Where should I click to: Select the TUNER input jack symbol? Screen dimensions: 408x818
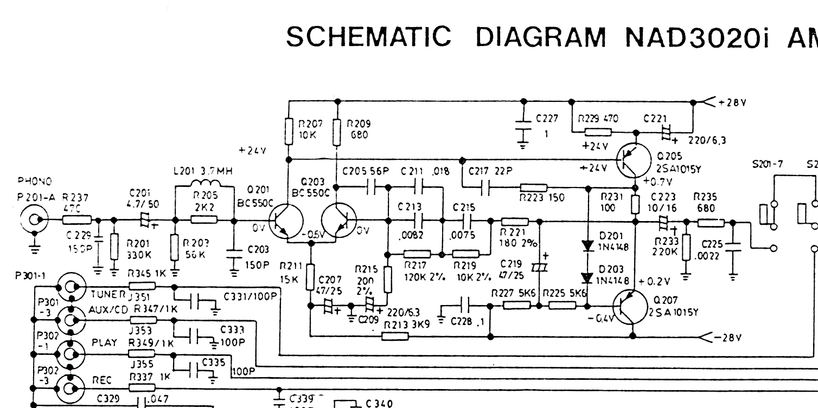pyautogui.click(x=71, y=287)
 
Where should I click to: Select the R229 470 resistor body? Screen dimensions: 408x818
pyautogui.click(x=598, y=132)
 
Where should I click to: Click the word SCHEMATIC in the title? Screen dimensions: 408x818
pyautogui.click(x=368, y=37)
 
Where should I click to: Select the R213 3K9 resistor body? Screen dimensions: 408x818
pyautogui.click(x=395, y=336)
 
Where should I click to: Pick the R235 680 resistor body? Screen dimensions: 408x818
pyautogui.click(x=710, y=222)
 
